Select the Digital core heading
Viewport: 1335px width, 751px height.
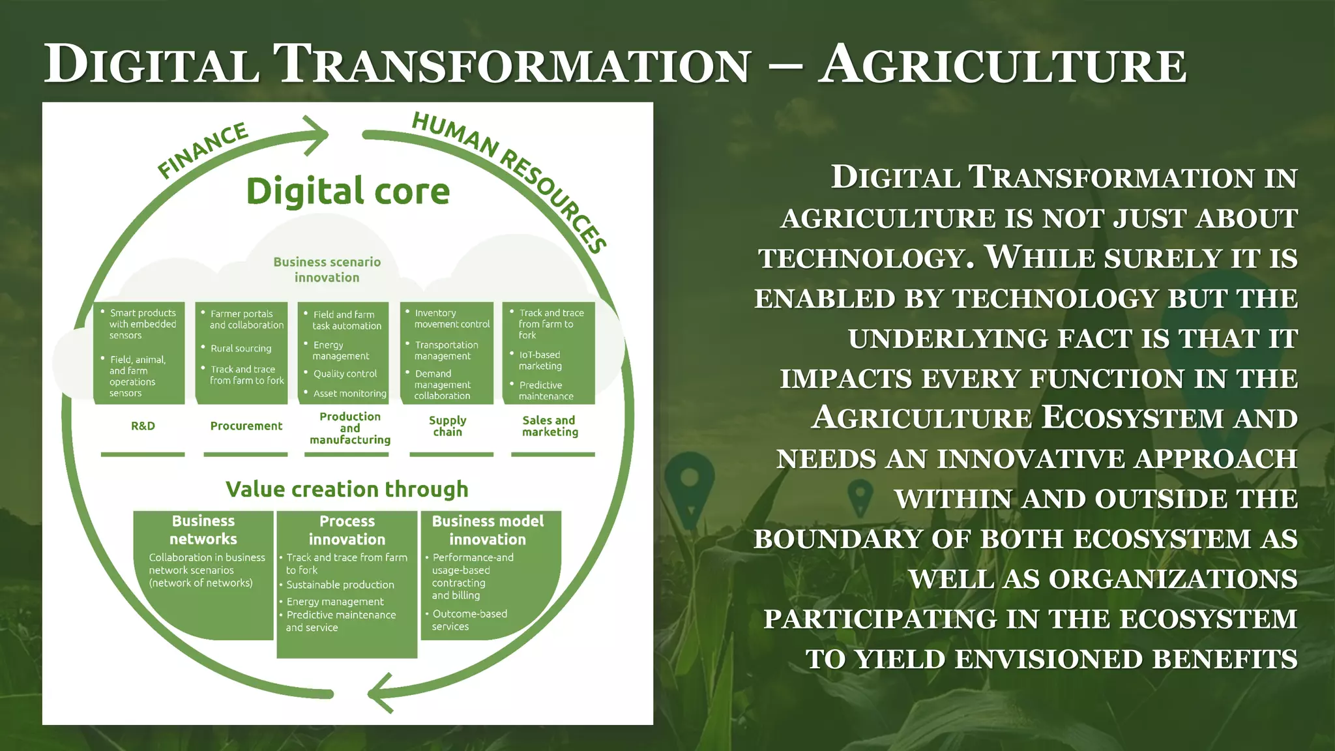tap(348, 192)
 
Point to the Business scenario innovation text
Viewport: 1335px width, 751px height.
tap(327, 269)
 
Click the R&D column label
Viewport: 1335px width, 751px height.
tap(143, 426)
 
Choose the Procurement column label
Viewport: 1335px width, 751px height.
tap(246, 426)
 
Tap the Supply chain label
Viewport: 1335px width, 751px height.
tap(448, 426)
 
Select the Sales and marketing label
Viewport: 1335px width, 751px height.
tap(550, 426)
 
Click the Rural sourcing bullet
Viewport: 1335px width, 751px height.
tap(241, 349)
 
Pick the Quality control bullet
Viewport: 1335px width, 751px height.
tap(345, 374)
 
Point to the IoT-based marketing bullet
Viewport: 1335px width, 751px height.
tap(539, 360)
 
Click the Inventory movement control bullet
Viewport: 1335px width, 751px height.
tap(451, 318)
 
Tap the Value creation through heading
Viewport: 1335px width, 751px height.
tap(347, 489)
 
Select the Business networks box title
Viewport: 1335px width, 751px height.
tap(203, 529)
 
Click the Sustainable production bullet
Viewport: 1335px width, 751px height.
tap(340, 585)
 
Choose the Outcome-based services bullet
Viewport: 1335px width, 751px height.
tap(469, 620)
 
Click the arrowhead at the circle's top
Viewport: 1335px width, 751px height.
tap(318, 135)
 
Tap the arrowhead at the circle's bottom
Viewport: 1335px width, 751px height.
tap(381, 692)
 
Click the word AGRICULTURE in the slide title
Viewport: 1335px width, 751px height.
tap(1002, 65)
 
